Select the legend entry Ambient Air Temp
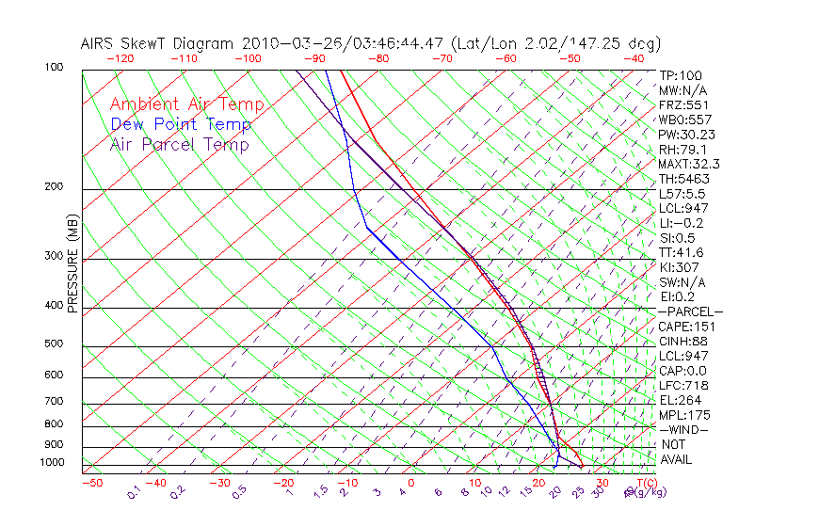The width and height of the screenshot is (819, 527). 186,104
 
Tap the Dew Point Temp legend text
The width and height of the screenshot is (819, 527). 180,124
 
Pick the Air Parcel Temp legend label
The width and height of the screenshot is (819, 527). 179,144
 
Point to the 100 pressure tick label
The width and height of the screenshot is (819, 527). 53,68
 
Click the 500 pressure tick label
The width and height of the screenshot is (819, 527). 53,344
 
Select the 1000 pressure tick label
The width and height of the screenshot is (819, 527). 50,463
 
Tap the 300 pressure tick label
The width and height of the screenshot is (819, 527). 53,256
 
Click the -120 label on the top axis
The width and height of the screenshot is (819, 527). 120,58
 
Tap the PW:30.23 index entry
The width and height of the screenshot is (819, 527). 687,135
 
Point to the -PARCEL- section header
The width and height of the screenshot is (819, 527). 690,311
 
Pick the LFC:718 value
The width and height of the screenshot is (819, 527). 682,385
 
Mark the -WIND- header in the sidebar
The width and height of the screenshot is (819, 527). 683,429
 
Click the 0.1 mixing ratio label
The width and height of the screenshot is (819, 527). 135,491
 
